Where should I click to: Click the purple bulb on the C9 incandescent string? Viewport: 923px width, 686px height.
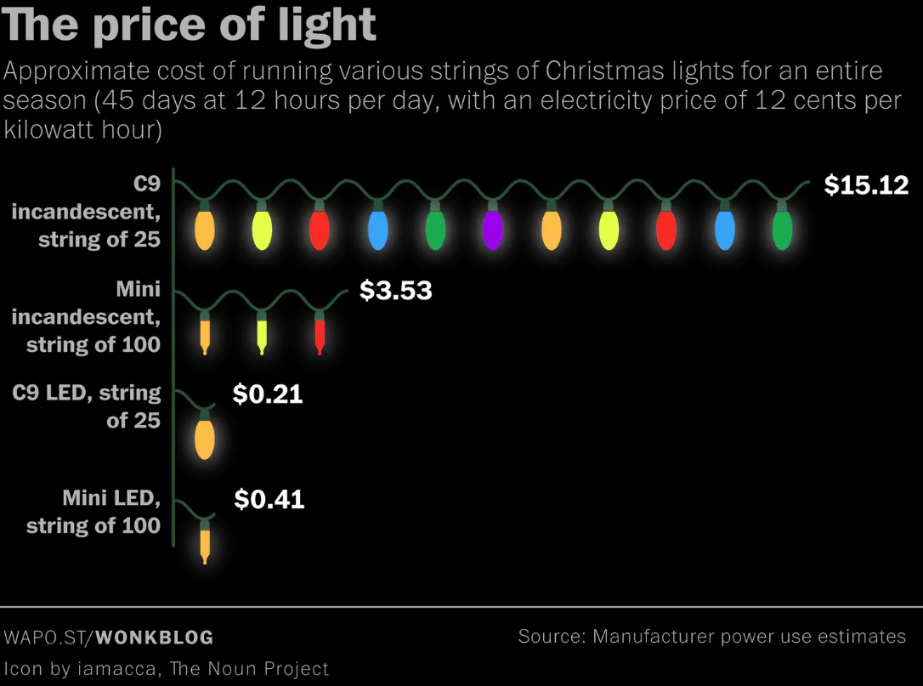pos(493,230)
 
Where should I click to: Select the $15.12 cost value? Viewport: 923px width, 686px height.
pos(866,185)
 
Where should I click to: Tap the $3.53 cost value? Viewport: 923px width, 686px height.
pos(395,291)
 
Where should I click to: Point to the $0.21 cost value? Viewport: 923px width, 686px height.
pos(268,394)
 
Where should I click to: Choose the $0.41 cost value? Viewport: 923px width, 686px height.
pos(269,499)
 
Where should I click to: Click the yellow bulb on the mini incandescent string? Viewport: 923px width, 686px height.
pos(262,333)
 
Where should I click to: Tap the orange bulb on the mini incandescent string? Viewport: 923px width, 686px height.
pos(205,333)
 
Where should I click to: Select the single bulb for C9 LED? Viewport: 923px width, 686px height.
pos(205,438)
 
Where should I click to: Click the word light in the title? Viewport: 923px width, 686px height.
pos(326,26)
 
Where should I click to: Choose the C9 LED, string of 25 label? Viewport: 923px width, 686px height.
pos(88,406)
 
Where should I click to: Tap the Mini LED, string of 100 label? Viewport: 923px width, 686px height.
pos(94,512)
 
